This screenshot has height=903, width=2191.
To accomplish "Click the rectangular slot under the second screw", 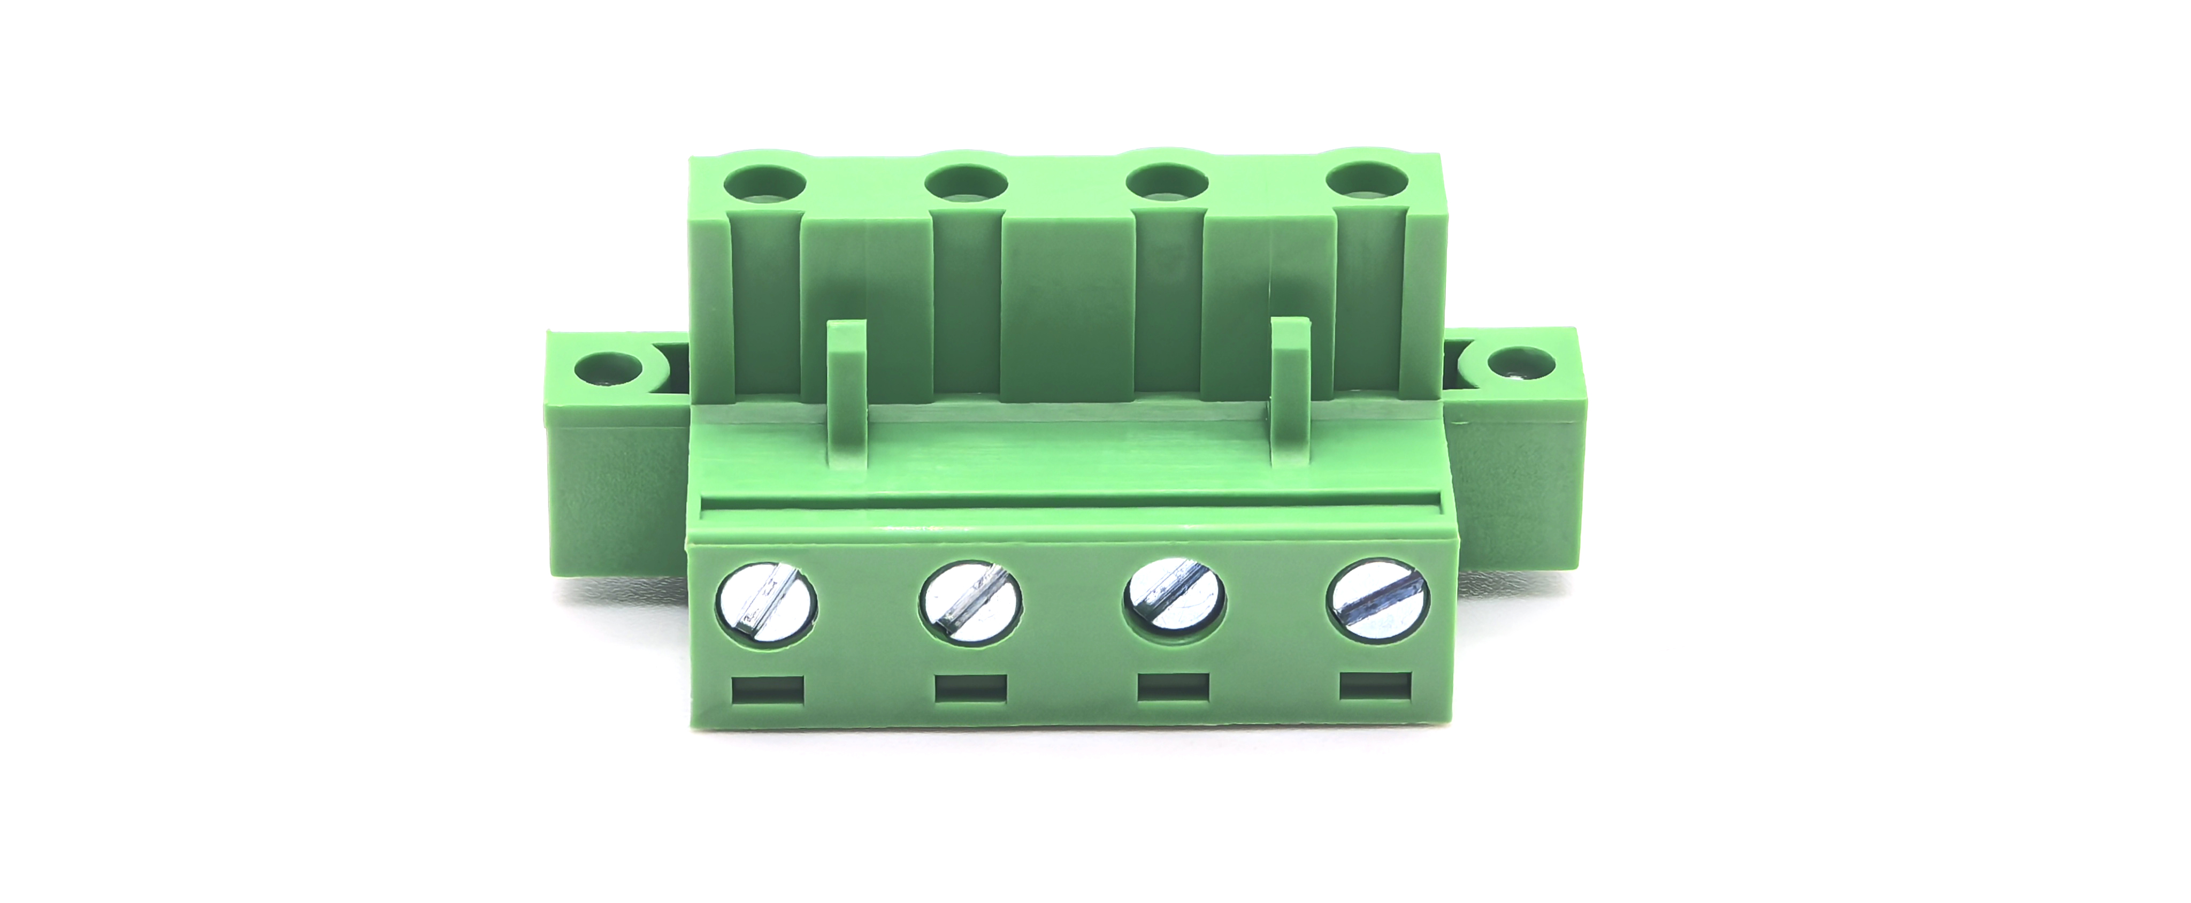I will [970, 688].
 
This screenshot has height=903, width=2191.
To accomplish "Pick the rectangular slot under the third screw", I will [1174, 687].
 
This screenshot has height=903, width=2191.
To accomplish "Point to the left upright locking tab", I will [847, 391].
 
